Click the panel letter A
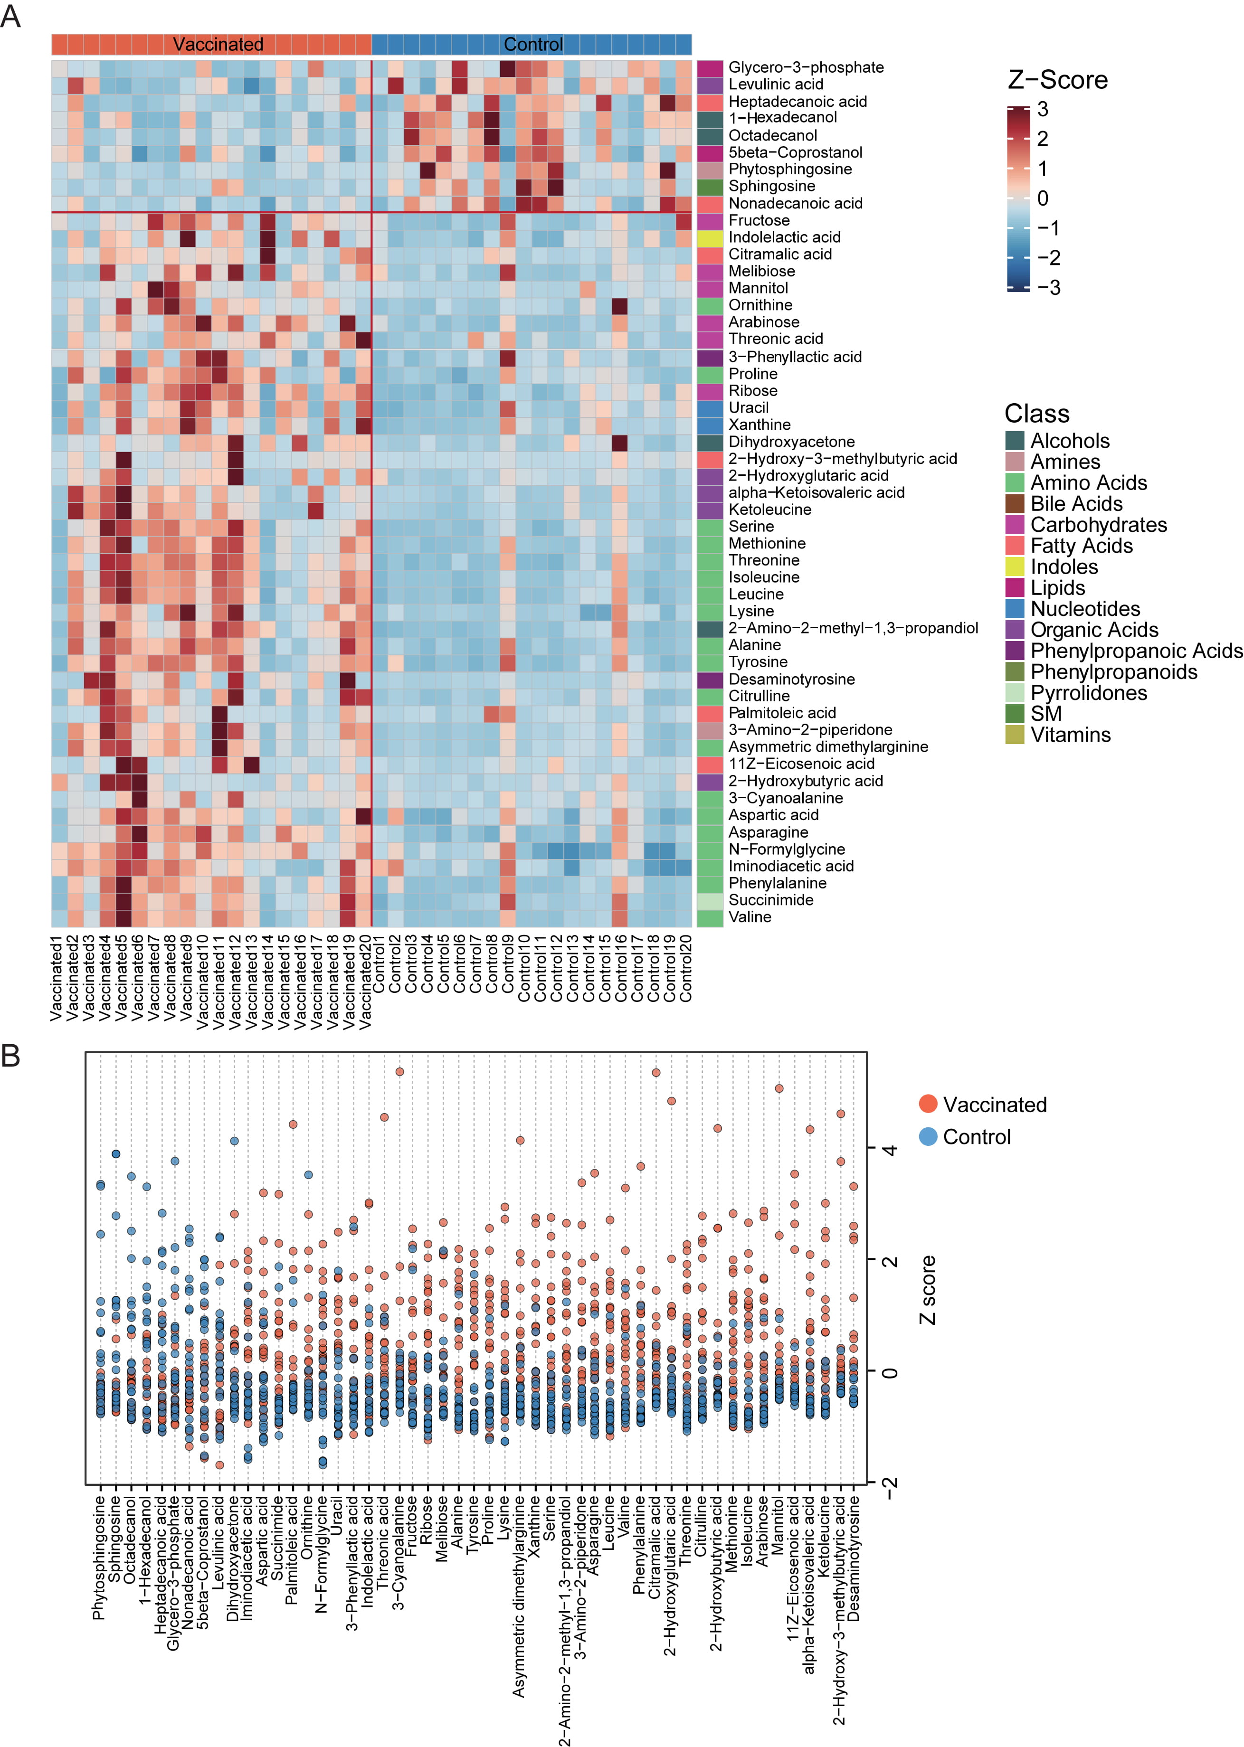[11, 16]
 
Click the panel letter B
[11, 1056]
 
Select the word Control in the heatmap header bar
[533, 45]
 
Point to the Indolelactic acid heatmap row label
[784, 237]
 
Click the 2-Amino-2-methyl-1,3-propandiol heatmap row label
[853, 628]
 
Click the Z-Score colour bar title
[1057, 80]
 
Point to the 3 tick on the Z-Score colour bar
[1043, 110]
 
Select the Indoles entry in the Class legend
[1063, 567]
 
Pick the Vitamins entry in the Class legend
[1070, 735]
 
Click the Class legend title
[1036, 414]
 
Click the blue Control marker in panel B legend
[928, 1137]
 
